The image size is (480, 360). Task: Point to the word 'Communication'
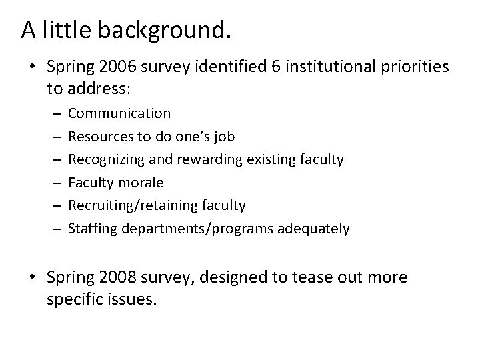coord(119,113)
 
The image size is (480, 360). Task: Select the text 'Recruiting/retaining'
coord(127,205)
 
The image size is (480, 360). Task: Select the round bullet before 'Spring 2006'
coord(33,69)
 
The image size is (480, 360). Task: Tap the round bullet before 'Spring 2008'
coord(33,277)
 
